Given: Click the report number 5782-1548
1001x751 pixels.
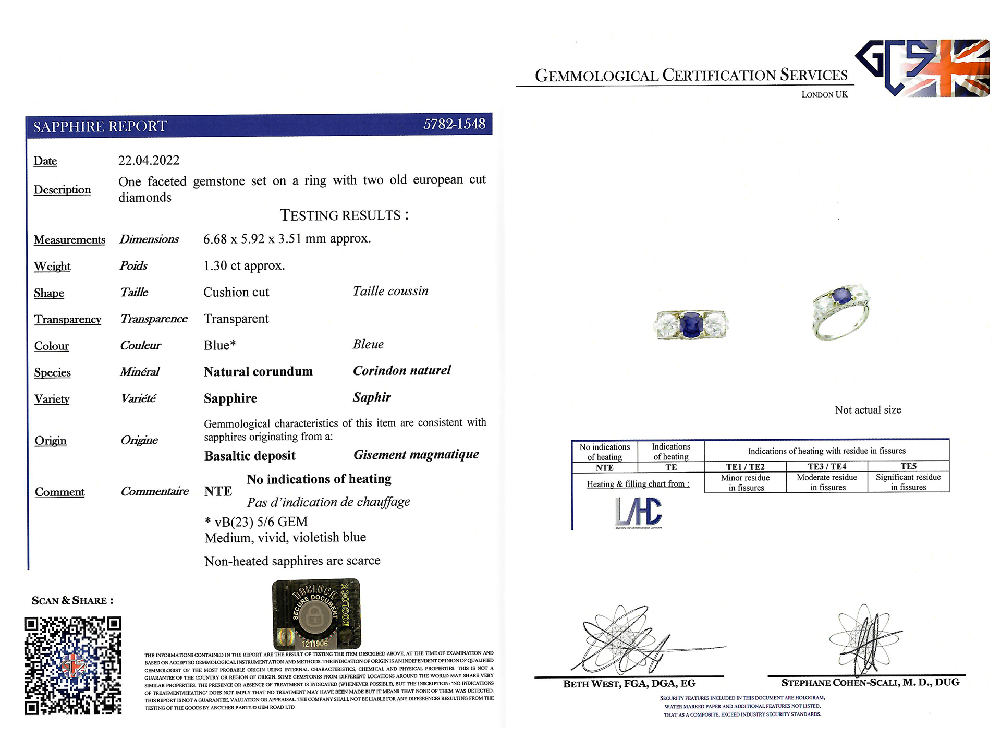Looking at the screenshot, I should (454, 124).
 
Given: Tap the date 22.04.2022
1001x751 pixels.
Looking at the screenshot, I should (149, 161).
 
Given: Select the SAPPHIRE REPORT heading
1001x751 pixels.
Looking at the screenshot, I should (100, 127).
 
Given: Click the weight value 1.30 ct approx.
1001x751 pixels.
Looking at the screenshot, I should (244, 266).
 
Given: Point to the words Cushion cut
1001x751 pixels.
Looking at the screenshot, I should (236, 293).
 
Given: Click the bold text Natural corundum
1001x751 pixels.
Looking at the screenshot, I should (258, 372).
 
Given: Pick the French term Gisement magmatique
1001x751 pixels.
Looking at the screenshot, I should (416, 455).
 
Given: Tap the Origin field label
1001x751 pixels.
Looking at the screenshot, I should (51, 441).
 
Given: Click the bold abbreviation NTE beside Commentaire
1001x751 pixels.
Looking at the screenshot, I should (218, 491).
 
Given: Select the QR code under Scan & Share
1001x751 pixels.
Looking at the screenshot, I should (73, 665).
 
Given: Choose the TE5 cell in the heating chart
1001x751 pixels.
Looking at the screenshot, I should (908, 466).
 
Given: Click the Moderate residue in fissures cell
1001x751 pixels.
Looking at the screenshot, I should (827, 482).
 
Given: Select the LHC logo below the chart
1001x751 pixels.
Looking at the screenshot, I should (638, 512).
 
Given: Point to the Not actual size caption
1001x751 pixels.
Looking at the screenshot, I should (868, 410).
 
